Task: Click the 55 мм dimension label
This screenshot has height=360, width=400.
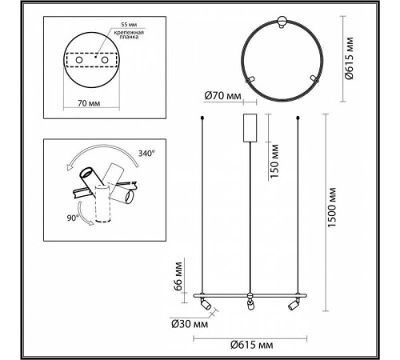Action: pyautogui.click(x=129, y=24)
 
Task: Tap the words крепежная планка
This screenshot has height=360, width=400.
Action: pyautogui.click(x=129, y=34)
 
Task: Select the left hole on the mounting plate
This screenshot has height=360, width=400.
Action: pyautogui.click(x=79, y=60)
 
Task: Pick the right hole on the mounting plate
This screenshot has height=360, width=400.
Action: pyautogui.click(x=104, y=60)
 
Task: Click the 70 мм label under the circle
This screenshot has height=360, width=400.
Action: pyautogui.click(x=89, y=103)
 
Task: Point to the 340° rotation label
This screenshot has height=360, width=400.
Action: pyautogui.click(x=146, y=154)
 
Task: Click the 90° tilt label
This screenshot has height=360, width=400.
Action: pyautogui.click(x=73, y=218)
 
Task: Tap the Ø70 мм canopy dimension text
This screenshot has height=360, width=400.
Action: pyautogui.click(x=222, y=95)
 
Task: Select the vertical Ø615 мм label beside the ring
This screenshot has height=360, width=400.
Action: pyautogui.click(x=349, y=58)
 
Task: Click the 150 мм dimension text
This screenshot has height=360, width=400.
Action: pyautogui.click(x=274, y=162)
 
